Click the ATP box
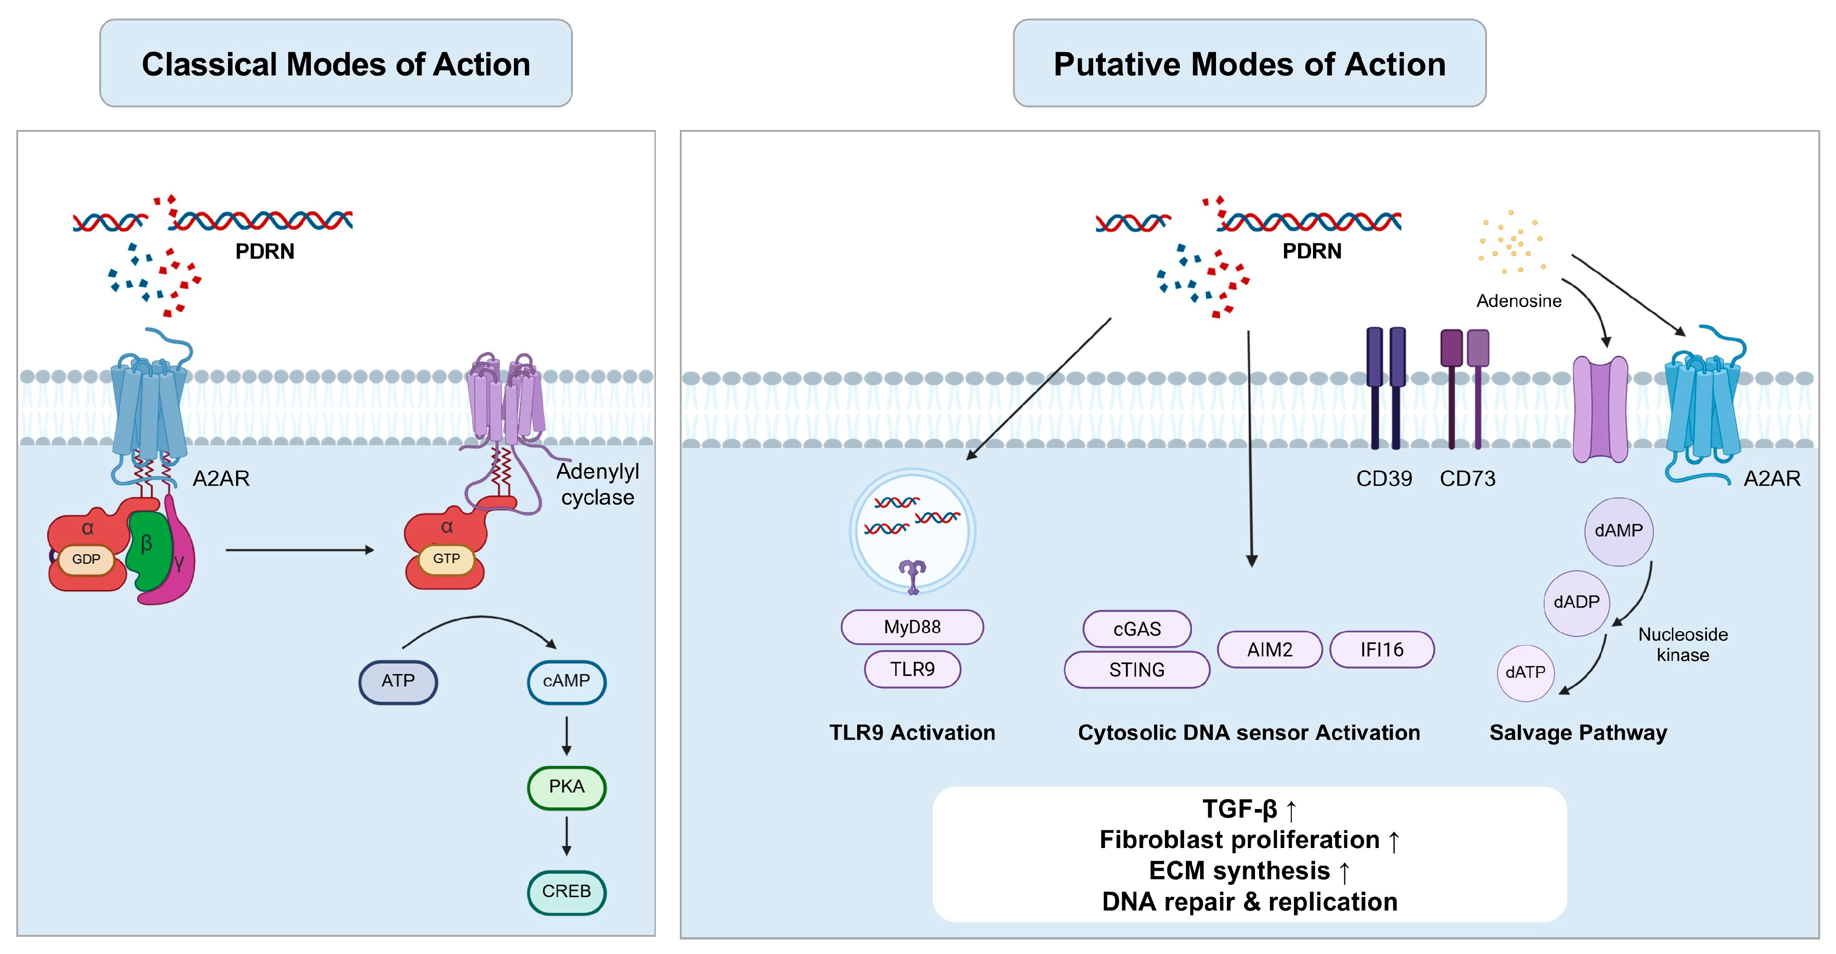398,682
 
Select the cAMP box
567,682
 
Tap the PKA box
567,787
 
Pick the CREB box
567,892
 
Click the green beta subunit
148,552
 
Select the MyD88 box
912,627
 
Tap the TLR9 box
912,669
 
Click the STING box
1137,670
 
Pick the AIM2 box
1269,650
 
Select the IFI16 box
1381,650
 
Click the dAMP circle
1618,531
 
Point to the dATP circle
1525,673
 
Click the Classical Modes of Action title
336,64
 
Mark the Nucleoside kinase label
1683,645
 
